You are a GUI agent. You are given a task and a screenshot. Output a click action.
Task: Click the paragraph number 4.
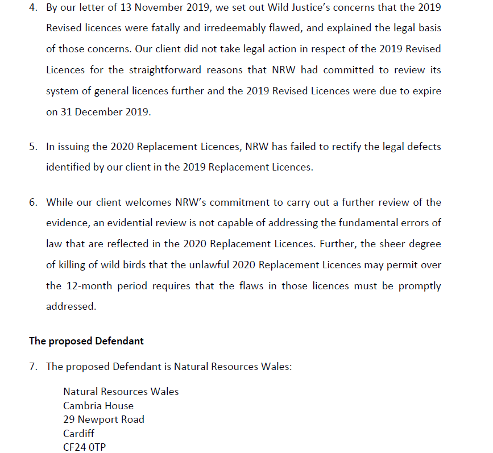pyautogui.click(x=33, y=7)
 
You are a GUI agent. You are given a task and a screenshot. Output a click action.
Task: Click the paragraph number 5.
pyautogui.click(x=33, y=147)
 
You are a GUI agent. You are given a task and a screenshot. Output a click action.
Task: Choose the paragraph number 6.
pyautogui.click(x=33, y=202)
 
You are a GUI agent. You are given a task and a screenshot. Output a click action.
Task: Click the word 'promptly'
pyautogui.click(x=418, y=286)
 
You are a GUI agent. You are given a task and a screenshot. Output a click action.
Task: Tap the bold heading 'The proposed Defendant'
pyautogui.click(x=86, y=341)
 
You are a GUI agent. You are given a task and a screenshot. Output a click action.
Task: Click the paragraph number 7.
pyautogui.click(x=33, y=367)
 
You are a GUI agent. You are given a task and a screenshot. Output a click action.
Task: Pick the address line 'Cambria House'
pyautogui.click(x=98, y=406)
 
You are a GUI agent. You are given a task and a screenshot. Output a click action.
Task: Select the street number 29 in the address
pyautogui.click(x=69, y=419)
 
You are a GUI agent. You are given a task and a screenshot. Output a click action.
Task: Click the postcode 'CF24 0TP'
pyautogui.click(x=84, y=447)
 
